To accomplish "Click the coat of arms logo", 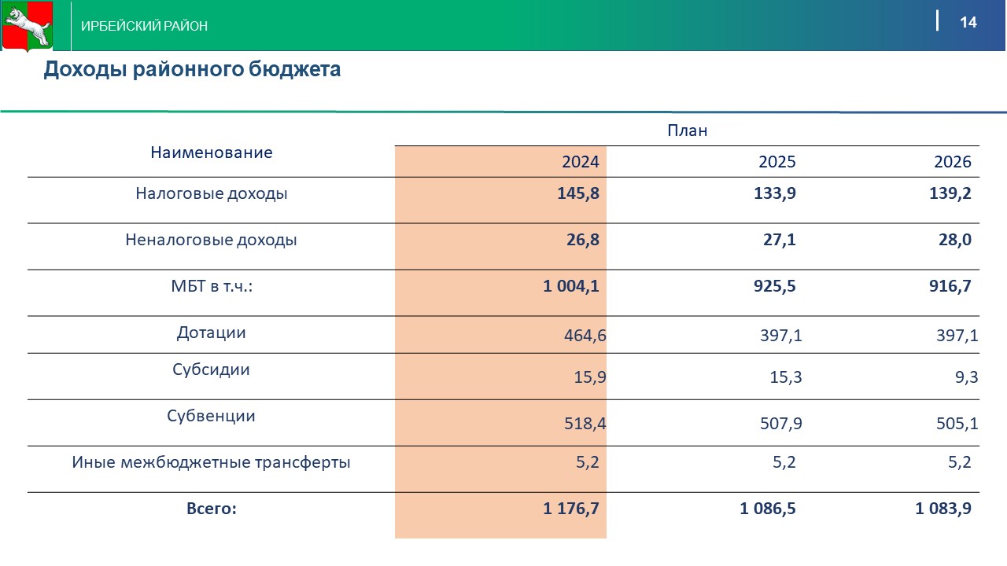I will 27,26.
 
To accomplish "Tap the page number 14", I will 968,22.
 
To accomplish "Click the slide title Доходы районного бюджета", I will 192,69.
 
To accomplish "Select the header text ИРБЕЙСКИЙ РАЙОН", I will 145,26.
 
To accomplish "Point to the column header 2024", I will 581,162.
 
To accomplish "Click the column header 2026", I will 953,162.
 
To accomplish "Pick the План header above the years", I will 687,130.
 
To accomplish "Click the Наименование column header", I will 211,153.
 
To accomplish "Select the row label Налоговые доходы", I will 211,193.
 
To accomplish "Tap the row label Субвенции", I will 211,416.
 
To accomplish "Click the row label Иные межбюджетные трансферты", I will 211,462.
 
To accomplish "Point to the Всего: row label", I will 211,509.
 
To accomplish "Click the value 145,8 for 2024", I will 578,193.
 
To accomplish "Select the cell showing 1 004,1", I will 571,286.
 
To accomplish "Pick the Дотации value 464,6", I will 585,336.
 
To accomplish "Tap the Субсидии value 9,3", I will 966,377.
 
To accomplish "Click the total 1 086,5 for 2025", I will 768,509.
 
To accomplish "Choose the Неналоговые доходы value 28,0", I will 955,240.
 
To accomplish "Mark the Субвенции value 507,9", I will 781,424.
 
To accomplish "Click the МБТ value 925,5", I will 775,286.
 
